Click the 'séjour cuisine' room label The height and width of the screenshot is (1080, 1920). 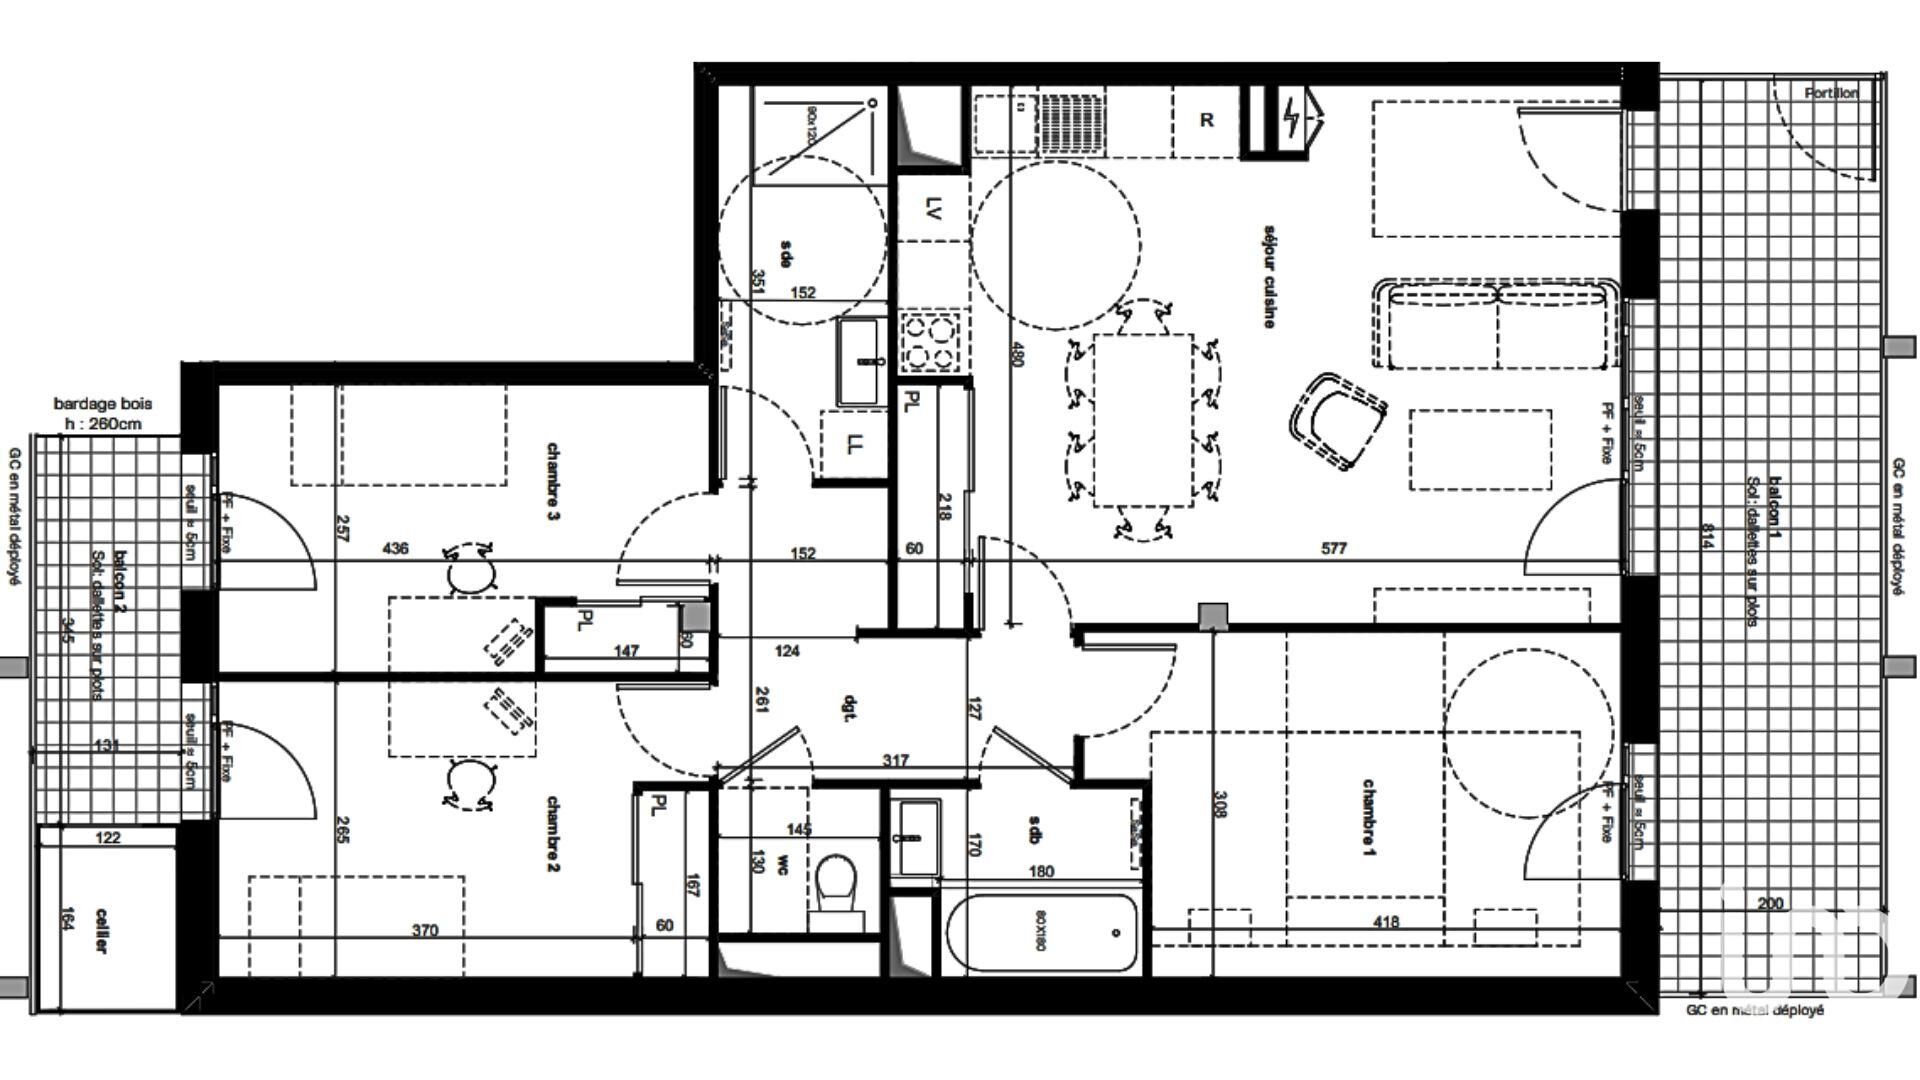point(1269,276)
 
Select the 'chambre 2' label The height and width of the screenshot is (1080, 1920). point(553,833)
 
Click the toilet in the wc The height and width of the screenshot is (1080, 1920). point(837,888)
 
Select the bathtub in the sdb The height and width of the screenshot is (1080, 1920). point(1042,933)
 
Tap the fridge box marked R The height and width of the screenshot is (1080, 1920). point(1206,120)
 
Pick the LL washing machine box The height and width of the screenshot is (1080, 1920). point(853,444)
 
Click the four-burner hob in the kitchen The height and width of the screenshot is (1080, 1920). point(932,341)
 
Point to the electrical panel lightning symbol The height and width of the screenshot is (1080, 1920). point(1291,118)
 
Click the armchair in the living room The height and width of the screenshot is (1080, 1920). point(1337,420)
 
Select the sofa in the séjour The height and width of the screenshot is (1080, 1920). point(1496,325)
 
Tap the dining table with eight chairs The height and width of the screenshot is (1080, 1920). point(1143,421)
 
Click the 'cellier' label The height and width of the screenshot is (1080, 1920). point(101,930)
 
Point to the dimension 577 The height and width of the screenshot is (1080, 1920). point(1334,548)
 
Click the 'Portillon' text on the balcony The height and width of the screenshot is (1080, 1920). point(1831,93)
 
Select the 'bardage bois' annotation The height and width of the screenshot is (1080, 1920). point(102,404)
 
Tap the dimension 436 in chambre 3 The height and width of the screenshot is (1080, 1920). point(395,548)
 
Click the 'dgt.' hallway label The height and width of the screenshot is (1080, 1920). point(848,709)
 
